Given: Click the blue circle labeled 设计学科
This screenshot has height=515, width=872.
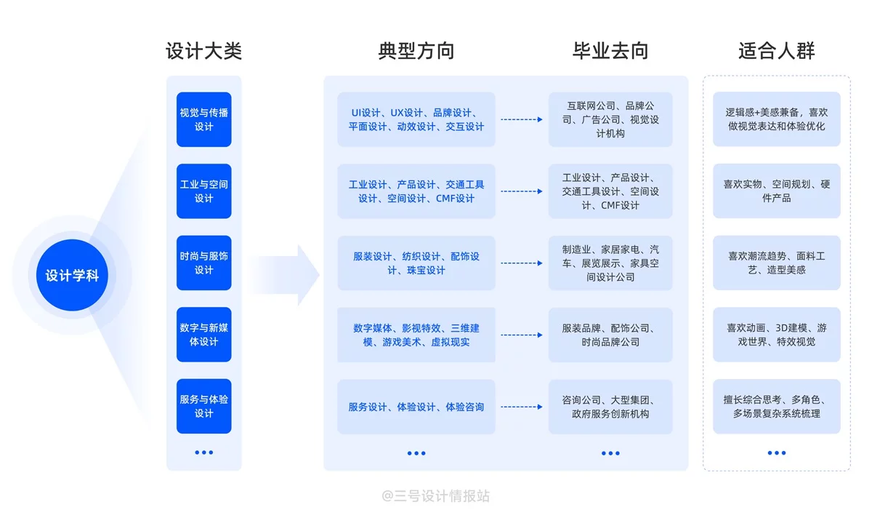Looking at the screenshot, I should coord(72,276).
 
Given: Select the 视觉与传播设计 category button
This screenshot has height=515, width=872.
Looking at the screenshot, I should coord(203,119).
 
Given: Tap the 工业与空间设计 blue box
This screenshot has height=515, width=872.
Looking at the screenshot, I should coord(203,191).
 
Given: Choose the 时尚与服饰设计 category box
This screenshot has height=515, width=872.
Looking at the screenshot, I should coord(203,263).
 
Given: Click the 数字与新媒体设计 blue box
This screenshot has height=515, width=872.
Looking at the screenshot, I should coord(203,335).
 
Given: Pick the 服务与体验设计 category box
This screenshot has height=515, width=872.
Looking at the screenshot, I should coord(203,406).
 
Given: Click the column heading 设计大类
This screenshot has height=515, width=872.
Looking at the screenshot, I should coord(203,51).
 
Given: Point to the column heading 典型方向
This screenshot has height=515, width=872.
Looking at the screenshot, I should coord(416,51).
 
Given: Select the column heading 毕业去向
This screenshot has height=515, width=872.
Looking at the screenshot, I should coord(610,51).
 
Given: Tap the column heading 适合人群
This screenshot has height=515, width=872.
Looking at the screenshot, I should coord(776,51).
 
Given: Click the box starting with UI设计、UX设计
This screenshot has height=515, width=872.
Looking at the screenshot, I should coord(416,119).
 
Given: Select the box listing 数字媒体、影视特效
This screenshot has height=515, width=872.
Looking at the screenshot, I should coord(416,335).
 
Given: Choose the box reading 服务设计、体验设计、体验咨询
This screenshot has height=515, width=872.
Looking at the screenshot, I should coord(416,407).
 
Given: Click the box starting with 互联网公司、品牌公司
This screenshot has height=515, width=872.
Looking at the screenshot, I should coord(610,119).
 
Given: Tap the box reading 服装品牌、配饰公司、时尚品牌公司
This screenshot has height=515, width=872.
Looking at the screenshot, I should coord(610,335).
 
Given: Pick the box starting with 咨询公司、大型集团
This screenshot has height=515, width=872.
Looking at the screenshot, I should coord(610,407).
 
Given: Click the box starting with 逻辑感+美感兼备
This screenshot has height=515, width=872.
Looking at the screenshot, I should coord(776,119).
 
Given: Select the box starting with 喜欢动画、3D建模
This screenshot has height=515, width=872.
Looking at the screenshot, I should coord(776,335).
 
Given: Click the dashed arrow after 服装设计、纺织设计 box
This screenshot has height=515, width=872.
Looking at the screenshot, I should coord(522,263).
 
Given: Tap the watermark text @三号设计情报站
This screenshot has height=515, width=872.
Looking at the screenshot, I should coord(436,496).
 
